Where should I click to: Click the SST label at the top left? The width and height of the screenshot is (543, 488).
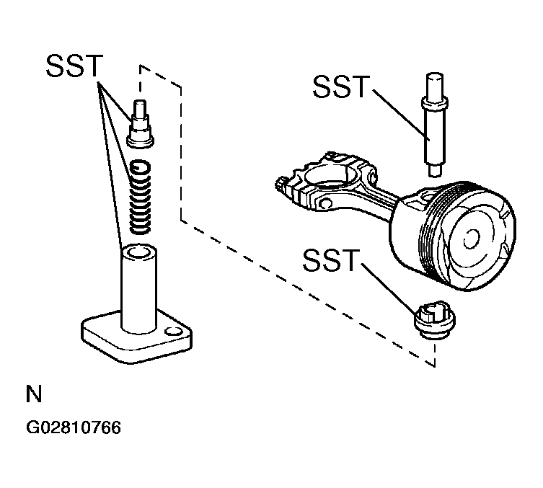point(74,66)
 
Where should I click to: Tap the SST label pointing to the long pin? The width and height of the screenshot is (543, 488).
point(341,86)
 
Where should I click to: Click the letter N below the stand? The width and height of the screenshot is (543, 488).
point(34,394)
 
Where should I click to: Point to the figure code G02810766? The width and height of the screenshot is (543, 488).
point(74,427)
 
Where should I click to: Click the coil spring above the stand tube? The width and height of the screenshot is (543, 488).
point(140,197)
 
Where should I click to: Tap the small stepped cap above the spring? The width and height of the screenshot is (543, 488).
point(140,124)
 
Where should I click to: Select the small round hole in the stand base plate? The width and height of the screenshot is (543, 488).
point(174,331)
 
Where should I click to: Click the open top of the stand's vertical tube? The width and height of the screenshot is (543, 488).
point(138,252)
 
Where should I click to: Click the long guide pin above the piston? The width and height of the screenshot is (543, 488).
point(434,125)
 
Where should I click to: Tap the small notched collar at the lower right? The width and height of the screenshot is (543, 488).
point(435,321)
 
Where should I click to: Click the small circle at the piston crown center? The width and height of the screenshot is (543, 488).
point(472,239)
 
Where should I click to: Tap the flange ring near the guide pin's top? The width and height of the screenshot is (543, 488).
point(435,103)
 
